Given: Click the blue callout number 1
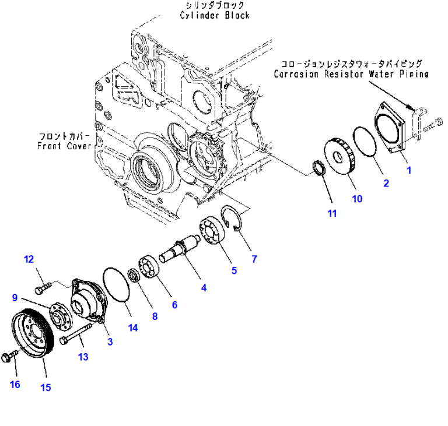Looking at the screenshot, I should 409,170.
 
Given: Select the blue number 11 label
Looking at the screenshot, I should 331,213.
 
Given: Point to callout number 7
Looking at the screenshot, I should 254,259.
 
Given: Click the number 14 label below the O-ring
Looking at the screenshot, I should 134,328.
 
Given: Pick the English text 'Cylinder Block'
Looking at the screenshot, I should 214,15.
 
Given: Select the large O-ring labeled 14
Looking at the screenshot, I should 116,284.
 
